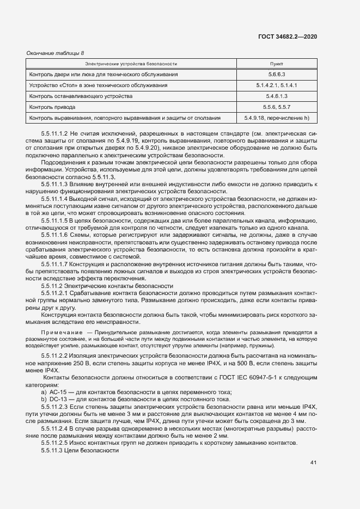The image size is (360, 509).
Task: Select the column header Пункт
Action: tap(277, 64)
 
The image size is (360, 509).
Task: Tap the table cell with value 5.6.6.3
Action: tap(277, 74)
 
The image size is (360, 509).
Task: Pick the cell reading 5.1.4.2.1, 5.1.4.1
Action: tap(277, 85)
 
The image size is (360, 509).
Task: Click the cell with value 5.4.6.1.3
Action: tap(277, 96)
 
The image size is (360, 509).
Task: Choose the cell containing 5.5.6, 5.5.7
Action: tap(277, 107)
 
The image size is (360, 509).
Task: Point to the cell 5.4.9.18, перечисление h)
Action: tap(277, 118)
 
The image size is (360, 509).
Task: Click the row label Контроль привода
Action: tap(52, 107)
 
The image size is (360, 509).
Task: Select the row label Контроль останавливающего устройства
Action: tap(81, 96)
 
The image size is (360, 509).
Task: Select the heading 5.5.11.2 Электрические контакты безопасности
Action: tap(107, 286)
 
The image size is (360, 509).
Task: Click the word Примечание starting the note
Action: tap(60, 332)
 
